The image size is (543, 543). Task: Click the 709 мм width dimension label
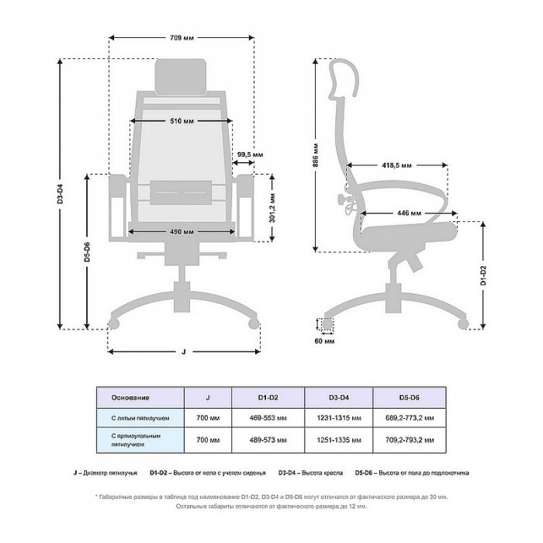tap(183, 37)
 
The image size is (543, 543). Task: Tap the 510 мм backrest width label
tap(182, 122)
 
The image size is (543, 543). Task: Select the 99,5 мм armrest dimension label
tap(244, 154)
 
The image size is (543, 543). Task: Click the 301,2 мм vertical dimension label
tap(271, 207)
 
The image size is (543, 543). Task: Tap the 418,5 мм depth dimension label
tap(396, 165)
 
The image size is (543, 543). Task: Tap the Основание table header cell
tap(130, 398)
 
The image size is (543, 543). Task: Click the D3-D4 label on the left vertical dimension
tap(61, 194)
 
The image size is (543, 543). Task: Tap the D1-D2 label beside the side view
tap(482, 275)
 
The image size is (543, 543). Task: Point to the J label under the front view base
tap(183, 352)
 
